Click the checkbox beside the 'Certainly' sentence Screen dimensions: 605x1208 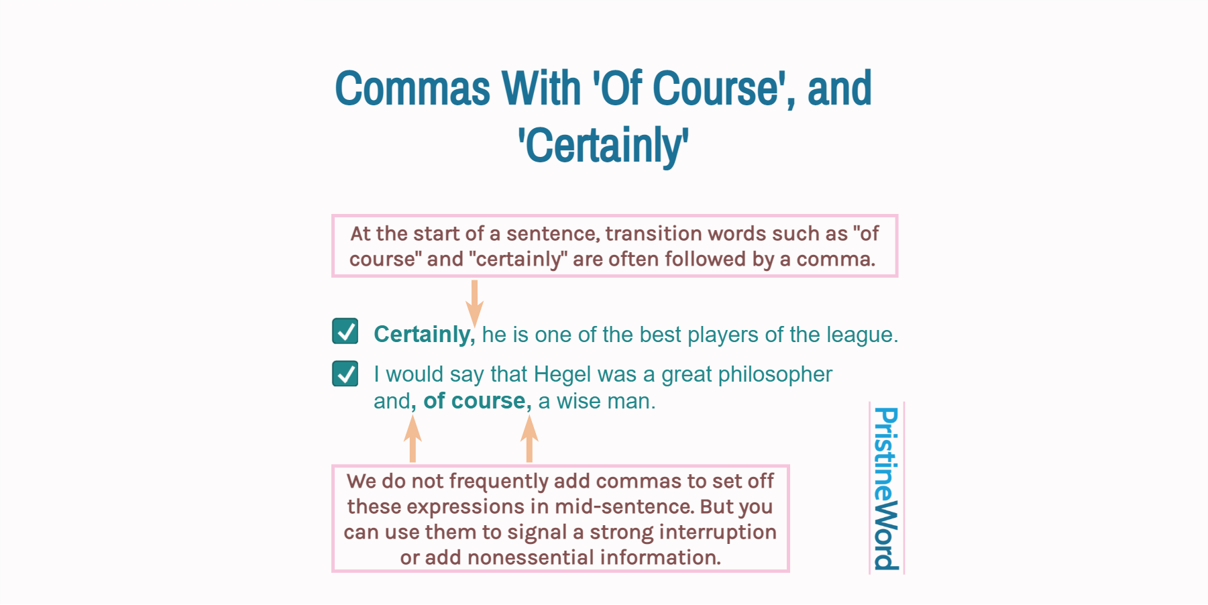pyautogui.click(x=345, y=331)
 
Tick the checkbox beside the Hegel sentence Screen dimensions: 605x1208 pyautogui.click(x=345, y=374)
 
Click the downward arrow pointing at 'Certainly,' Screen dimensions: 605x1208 pyautogui.click(x=474, y=302)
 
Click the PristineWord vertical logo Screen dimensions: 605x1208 pyautogui.click(x=886, y=488)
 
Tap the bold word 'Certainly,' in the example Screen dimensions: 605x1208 pyautogui.click(x=424, y=334)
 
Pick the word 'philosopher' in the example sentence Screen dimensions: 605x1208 pyautogui.click(x=775, y=374)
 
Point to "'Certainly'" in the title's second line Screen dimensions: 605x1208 pyautogui.click(x=603, y=146)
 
